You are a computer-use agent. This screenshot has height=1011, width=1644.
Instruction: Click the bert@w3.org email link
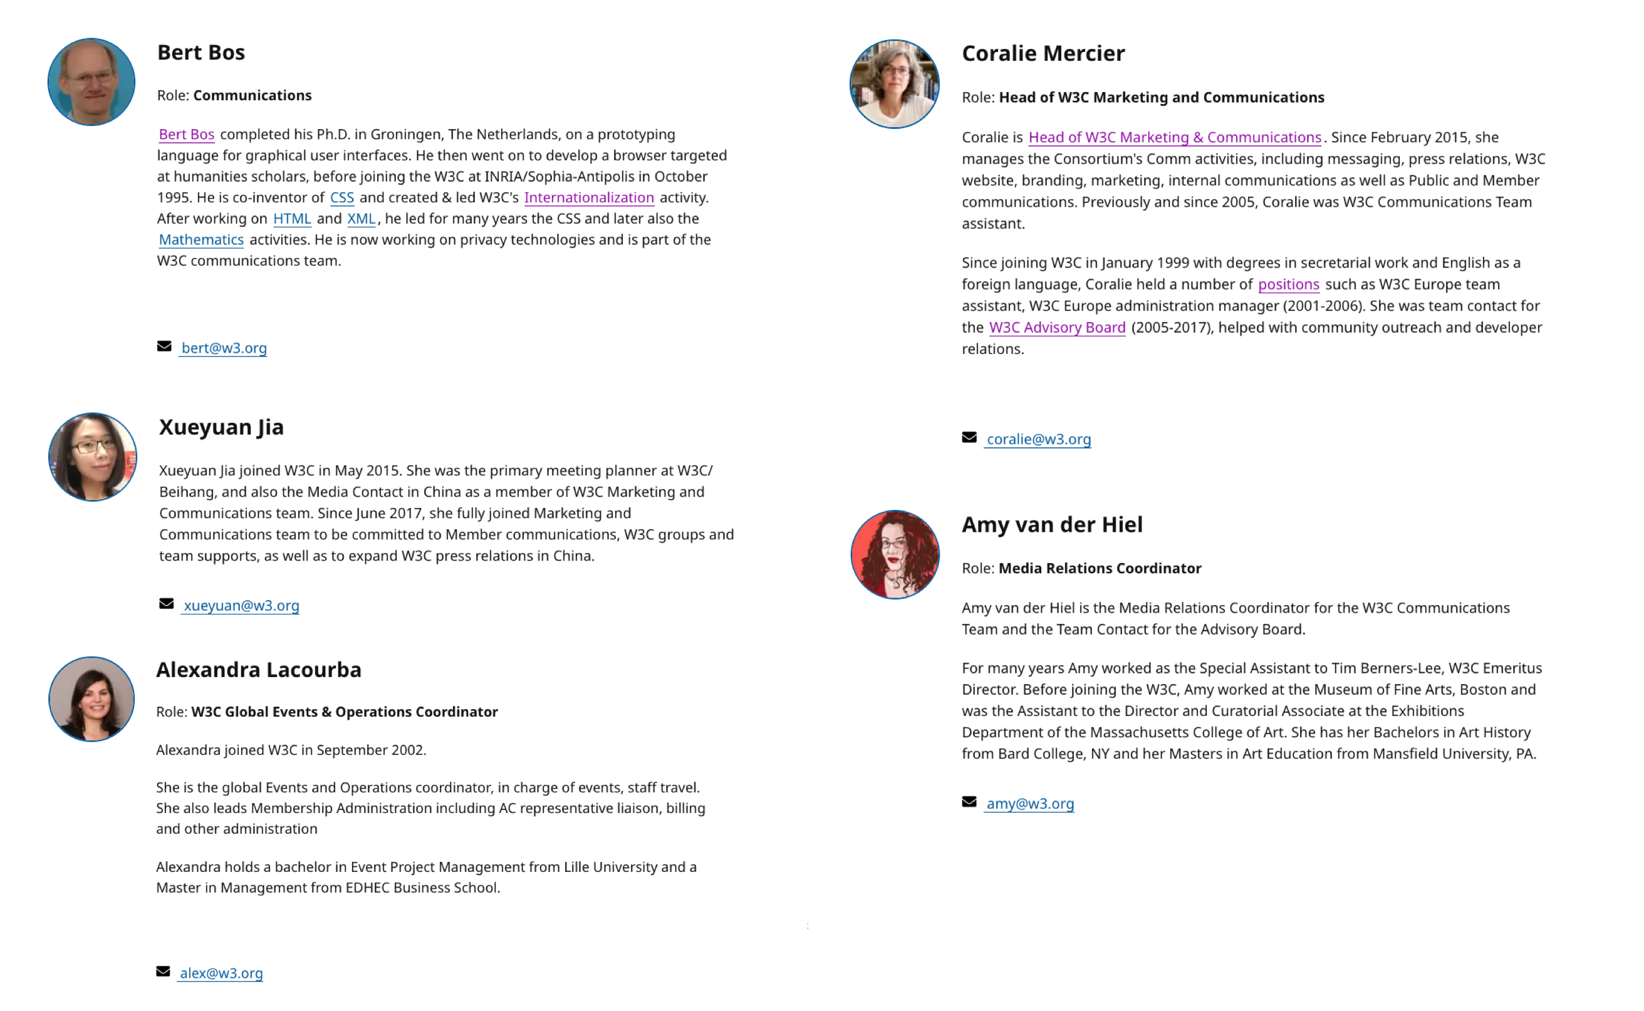tap(224, 348)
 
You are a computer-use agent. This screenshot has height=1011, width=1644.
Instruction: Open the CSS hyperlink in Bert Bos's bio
tap(342, 198)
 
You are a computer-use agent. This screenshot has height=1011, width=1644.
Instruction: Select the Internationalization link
tap(588, 198)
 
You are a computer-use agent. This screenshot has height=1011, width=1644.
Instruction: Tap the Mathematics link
tap(200, 240)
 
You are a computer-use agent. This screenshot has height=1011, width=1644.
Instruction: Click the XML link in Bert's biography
tap(361, 219)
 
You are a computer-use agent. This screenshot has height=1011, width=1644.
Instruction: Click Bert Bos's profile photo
tap(91, 82)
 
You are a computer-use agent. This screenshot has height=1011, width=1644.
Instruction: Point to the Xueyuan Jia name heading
tap(221, 427)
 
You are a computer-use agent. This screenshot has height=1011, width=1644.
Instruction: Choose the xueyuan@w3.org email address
tap(241, 606)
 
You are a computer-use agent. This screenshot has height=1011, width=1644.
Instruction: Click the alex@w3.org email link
tap(221, 973)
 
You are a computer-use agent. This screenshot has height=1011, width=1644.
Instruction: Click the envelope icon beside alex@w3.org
tap(163, 972)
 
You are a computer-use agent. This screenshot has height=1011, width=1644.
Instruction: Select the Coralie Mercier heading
tap(1043, 53)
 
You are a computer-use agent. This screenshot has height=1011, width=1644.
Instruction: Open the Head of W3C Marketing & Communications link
tap(1175, 138)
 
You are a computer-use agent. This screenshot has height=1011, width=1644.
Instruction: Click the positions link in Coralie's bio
tap(1288, 285)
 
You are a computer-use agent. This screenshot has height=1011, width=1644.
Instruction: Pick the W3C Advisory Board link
tap(1057, 328)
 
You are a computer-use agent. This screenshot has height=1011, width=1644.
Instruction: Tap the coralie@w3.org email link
tap(1038, 439)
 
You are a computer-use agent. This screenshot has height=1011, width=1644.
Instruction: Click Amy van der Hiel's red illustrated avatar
tap(895, 555)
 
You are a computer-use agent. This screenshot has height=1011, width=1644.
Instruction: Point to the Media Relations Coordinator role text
tap(1100, 568)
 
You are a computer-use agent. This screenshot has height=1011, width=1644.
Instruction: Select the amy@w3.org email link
tap(1030, 804)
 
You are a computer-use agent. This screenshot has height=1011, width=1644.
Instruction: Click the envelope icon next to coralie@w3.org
tap(969, 437)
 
